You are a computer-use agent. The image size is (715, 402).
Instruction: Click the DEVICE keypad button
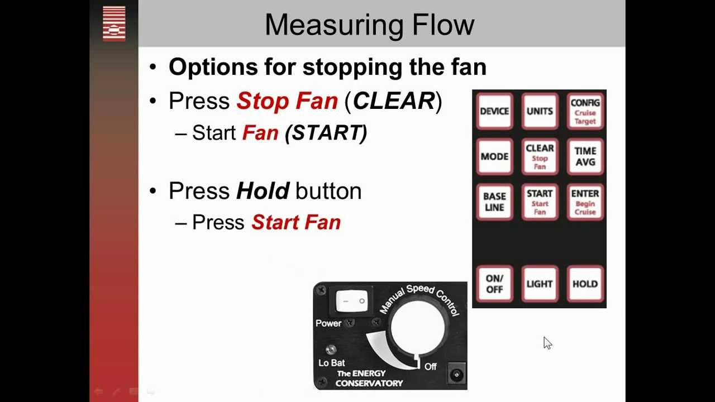pos(494,111)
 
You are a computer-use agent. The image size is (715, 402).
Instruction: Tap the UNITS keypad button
pos(540,111)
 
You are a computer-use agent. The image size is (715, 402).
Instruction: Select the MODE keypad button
pos(494,157)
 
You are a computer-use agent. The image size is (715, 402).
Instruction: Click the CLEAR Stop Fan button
pos(540,157)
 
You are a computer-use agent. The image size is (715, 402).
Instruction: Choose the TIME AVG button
pos(585,157)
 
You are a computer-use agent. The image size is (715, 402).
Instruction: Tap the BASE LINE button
pos(494,202)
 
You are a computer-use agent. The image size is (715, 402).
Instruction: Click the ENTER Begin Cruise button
pos(585,202)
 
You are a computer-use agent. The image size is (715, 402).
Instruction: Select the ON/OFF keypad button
pos(494,284)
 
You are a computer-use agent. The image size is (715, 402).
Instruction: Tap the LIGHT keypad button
pos(540,284)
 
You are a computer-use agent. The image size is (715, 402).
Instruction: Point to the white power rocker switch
pos(352,301)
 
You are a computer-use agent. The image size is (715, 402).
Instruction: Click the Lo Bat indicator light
pos(331,350)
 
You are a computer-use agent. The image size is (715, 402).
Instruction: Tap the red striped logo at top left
pos(114,24)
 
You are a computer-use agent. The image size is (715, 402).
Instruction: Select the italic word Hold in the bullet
pos(263,191)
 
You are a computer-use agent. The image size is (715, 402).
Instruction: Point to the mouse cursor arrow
pos(547,343)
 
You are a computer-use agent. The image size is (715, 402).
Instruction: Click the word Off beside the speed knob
pos(430,367)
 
